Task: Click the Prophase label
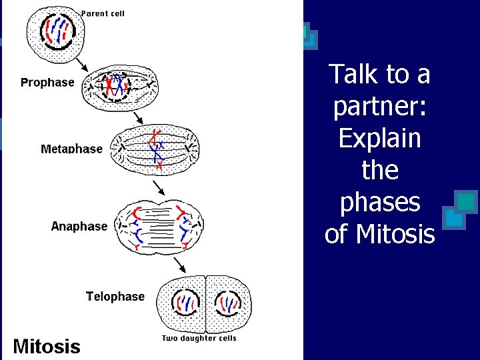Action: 47,83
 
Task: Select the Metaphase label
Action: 72,149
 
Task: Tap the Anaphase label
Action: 79,226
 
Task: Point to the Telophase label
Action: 115,296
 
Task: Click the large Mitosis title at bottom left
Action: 47,346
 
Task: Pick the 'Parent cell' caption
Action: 103,13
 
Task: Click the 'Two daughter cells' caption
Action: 199,338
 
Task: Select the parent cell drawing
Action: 56,30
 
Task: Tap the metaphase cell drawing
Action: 156,148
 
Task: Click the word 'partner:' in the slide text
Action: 380,106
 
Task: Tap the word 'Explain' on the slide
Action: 380,138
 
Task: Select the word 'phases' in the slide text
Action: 380,202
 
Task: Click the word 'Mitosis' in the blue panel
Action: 395,234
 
